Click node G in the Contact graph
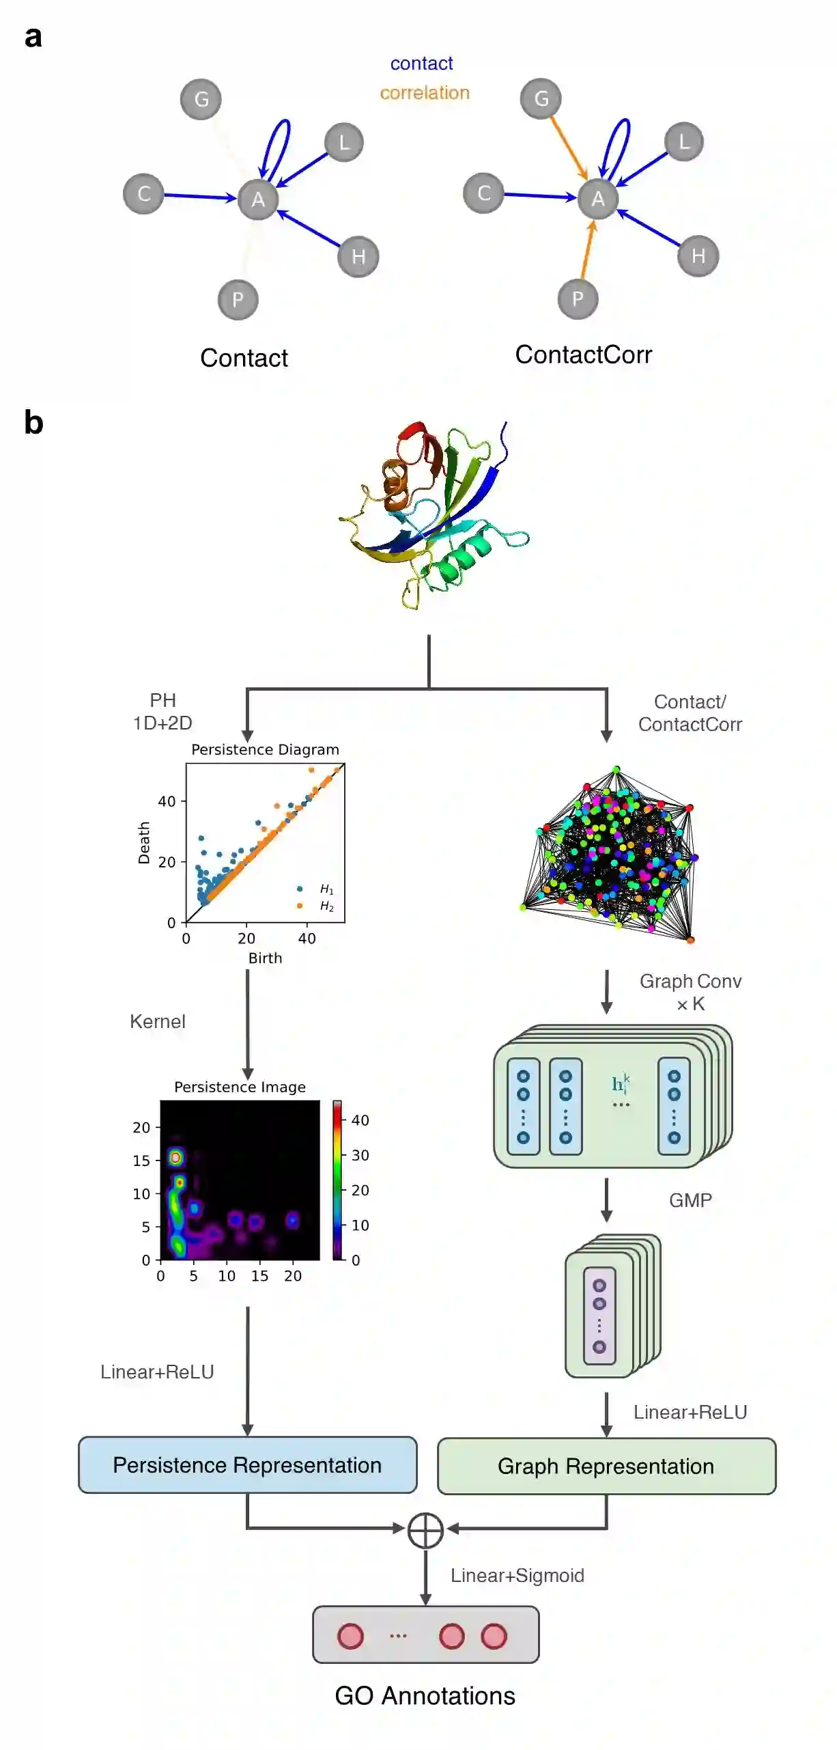coord(201,99)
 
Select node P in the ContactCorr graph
coord(578,299)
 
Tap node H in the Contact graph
coord(358,256)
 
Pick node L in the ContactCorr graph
coord(683,142)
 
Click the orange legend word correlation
coord(425,93)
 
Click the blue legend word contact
coord(421,64)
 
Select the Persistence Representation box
coord(247,1465)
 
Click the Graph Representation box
coord(606,1467)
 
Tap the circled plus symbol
coord(425,1531)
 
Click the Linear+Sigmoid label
coord(517,1575)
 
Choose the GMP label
coord(690,1200)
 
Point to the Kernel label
coord(158,1022)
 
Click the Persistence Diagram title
coord(265,749)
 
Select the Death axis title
coord(143,843)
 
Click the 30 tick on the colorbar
coord(360,1155)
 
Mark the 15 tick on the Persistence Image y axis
coord(141,1161)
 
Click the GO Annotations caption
coord(425,1696)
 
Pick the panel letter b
coord(33,423)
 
